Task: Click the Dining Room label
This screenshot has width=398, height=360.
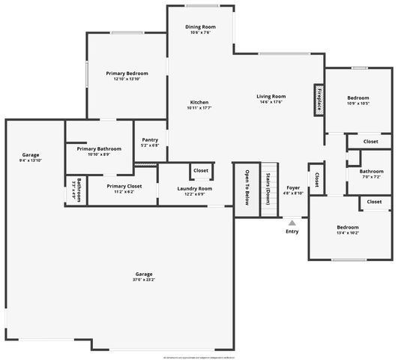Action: point(199,27)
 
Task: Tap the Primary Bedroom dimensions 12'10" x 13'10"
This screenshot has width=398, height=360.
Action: point(127,79)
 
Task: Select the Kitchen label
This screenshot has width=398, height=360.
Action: point(199,102)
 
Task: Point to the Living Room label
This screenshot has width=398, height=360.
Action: point(271,96)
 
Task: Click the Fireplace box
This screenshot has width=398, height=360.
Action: point(319,100)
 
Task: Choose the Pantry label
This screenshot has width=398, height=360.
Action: point(150,139)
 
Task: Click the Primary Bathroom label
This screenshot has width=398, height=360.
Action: point(99,148)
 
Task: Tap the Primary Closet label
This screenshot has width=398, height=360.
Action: point(124,186)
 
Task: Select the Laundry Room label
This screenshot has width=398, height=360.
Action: point(195,188)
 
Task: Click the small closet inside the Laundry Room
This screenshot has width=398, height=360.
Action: point(201,171)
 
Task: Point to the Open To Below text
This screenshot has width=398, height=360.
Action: point(246,187)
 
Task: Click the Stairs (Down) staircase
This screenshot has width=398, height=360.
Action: point(268,189)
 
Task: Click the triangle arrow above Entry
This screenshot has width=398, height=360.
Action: point(292,222)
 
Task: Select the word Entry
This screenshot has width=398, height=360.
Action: point(292,231)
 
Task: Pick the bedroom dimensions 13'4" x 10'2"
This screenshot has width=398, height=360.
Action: point(347,232)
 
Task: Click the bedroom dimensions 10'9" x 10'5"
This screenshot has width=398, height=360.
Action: point(358,103)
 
